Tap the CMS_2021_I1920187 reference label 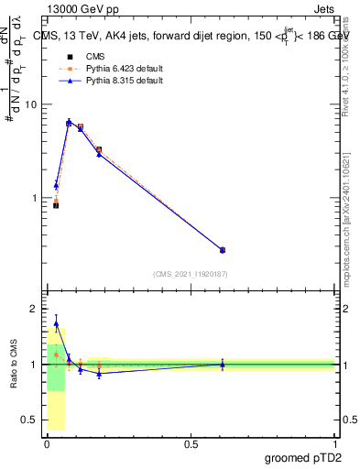(x=190, y=274)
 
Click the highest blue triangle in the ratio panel (x=57, y=323)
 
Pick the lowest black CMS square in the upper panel (x=56, y=205)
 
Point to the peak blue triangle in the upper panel (x=69, y=122)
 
